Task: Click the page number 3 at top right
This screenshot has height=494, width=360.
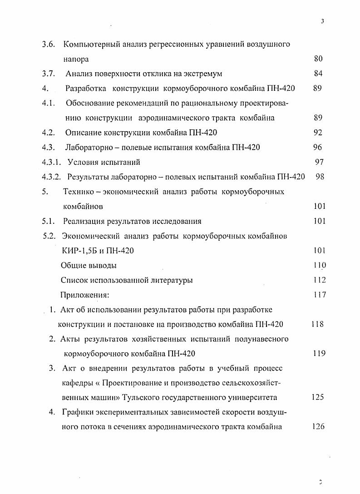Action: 322,21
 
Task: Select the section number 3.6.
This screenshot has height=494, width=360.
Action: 49,44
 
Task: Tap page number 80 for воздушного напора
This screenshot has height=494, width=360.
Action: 318,59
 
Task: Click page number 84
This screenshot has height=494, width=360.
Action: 318,74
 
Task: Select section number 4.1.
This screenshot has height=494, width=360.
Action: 49,103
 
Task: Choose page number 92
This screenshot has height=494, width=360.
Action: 318,133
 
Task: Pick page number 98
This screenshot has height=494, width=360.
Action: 320,177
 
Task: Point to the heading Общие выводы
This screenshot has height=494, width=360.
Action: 89,266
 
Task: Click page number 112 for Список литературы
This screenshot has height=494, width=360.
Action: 320,280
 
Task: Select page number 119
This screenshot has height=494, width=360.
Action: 319,354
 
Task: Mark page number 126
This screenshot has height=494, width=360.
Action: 318,427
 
